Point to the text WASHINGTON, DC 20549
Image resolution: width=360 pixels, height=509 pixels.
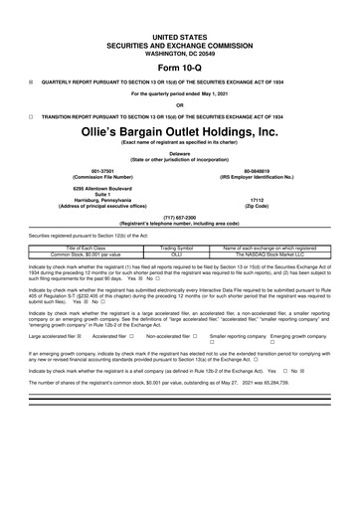[x=179, y=23]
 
